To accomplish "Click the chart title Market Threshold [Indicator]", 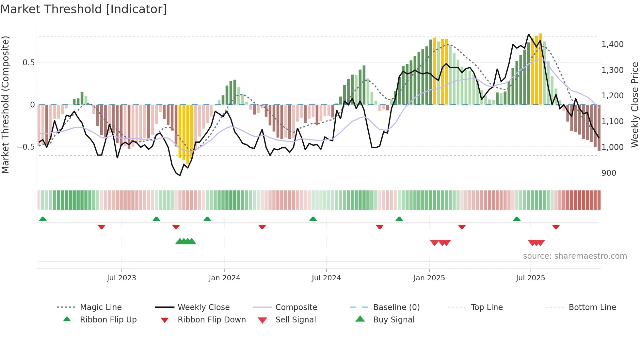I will (84, 9).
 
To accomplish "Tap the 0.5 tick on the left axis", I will (28, 63).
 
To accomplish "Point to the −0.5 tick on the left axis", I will (26, 147).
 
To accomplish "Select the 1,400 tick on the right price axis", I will (612, 44).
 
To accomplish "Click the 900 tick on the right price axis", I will (609, 173).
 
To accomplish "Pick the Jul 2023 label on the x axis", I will (121, 278).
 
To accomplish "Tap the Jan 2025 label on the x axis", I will (429, 278).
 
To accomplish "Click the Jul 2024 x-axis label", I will (326, 278).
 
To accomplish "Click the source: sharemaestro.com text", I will (575, 256).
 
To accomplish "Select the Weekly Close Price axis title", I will (634, 105).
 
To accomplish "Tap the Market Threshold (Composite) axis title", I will (5, 105).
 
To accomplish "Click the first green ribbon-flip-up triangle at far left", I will (43, 219).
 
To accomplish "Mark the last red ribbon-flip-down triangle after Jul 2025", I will (556, 227).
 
